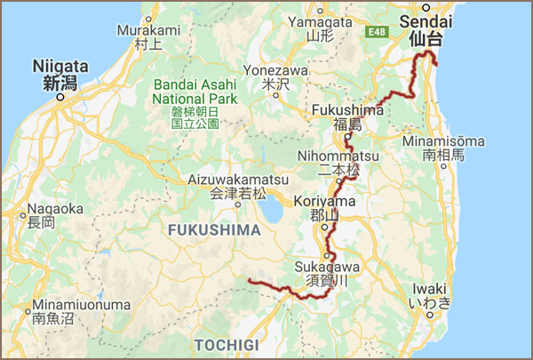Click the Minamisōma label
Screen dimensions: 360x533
coord(443,148)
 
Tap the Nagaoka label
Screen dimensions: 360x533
coord(42,215)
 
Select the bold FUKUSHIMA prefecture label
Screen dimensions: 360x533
coord(211,230)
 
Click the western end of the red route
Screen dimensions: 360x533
coord(250,282)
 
